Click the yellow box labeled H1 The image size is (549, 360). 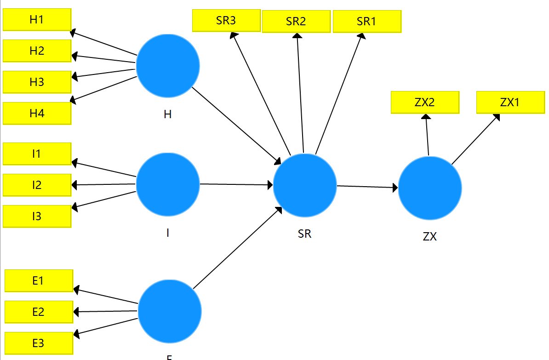coord(37,19)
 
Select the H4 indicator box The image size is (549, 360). coord(37,113)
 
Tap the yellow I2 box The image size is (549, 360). coord(37,185)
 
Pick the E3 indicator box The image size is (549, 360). coord(39,343)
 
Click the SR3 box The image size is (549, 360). coord(226,21)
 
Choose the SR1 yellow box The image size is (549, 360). coord(366,21)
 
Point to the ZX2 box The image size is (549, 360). coord(424,102)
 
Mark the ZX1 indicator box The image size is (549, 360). coord(510,102)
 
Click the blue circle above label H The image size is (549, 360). coord(168,66)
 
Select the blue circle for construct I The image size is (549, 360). coord(168,184)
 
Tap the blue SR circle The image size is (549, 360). coord(305,185)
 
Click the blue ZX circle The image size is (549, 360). coord(430,188)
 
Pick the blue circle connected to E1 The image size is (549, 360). coord(170,311)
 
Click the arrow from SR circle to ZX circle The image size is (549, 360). coord(367,187)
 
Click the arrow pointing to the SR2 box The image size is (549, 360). coord(300,92)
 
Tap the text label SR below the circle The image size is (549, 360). coord(304,234)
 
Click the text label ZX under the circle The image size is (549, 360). coord(430,237)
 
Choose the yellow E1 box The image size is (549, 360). coord(39,280)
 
